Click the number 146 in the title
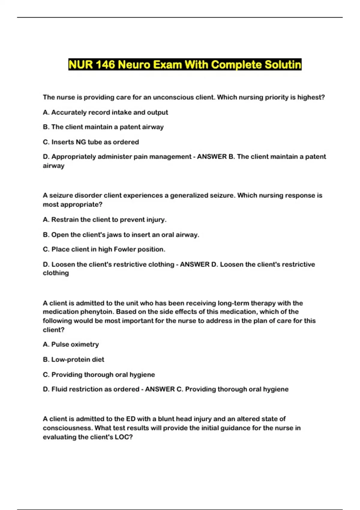(105, 64)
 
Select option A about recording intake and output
(105, 112)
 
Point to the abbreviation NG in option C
(81, 142)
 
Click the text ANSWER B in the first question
(216, 157)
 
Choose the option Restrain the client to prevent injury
(104, 220)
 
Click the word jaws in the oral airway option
(114, 235)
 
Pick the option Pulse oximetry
(71, 344)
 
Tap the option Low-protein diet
(73, 359)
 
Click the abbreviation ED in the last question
(130, 419)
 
